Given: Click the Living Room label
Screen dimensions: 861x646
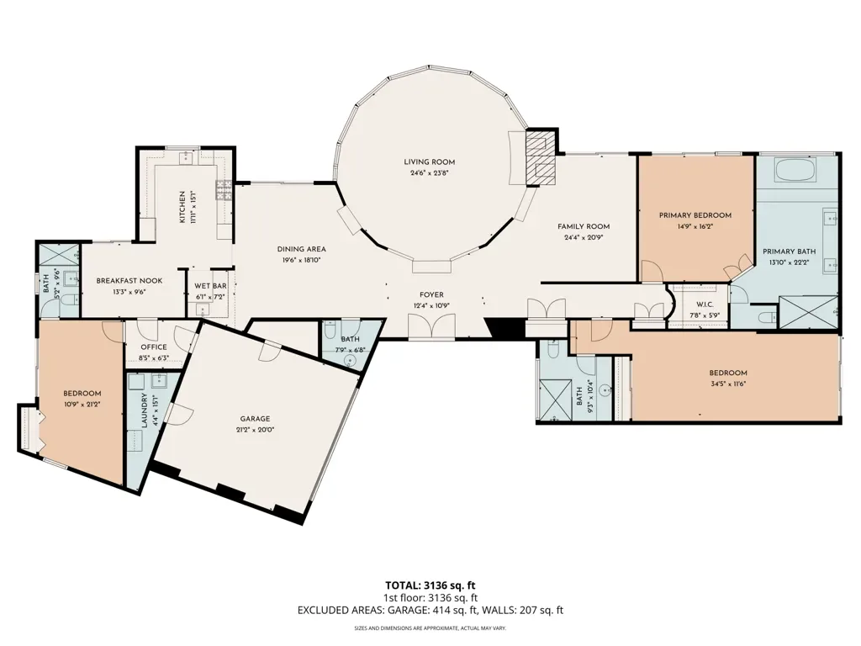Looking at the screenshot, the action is (430, 162).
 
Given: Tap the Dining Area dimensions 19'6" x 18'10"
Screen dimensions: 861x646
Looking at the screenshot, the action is (301, 260).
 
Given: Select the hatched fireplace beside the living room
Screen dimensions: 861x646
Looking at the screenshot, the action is (541, 158).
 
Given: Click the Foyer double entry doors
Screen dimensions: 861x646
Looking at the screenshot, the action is (431, 326).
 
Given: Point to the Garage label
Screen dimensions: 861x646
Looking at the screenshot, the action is (255, 419).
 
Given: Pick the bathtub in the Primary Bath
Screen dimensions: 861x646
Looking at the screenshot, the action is (797, 170).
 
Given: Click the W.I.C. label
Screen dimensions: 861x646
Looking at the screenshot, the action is (705, 304).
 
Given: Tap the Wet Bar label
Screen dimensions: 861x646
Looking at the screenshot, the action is (211, 286).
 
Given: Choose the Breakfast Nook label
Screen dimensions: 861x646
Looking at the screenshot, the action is (129, 281).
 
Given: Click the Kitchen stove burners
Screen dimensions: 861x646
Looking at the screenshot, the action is (224, 190).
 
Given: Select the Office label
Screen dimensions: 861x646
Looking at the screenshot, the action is (154, 347).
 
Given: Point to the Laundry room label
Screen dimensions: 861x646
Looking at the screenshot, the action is (144, 410).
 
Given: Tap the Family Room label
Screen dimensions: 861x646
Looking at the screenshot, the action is (584, 226).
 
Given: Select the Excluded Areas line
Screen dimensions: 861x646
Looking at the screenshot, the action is (430, 610).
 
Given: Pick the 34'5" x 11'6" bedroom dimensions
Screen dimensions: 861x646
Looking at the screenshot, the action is (727, 384).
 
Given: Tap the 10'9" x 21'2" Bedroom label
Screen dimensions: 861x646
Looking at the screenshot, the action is (82, 394).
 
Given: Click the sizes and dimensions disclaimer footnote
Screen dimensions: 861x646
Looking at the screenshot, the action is (430, 627).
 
